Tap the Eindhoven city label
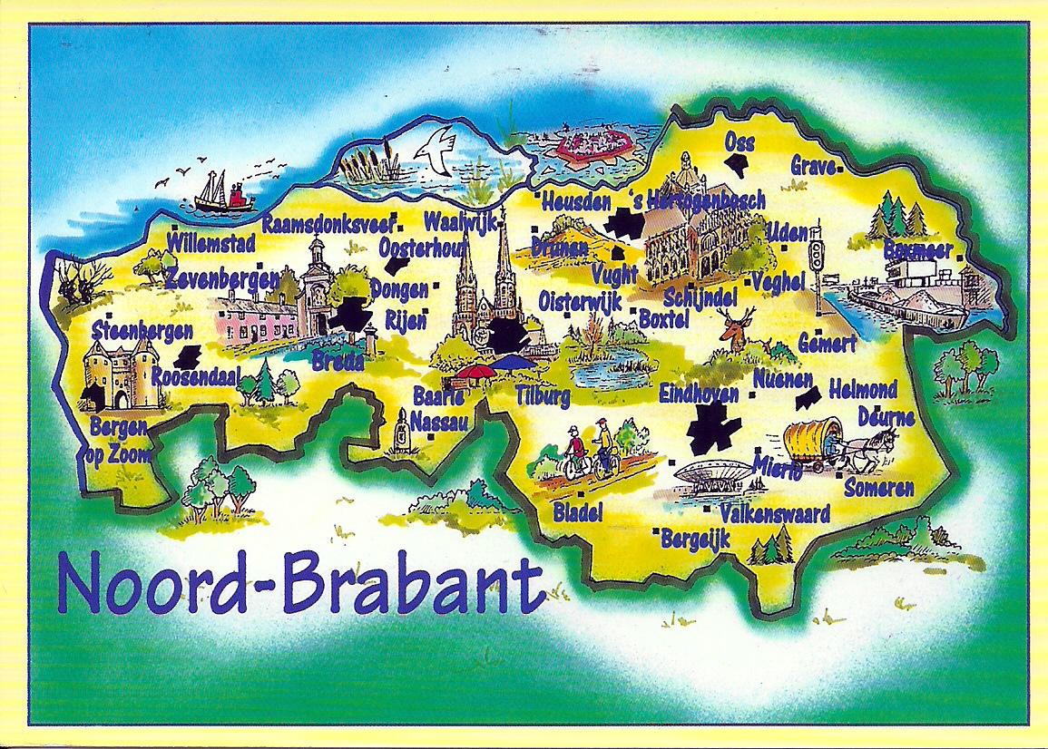coord(699,395)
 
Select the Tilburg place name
coord(543,395)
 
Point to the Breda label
coord(338,362)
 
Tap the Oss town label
coord(739,141)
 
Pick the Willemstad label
coord(211,242)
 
